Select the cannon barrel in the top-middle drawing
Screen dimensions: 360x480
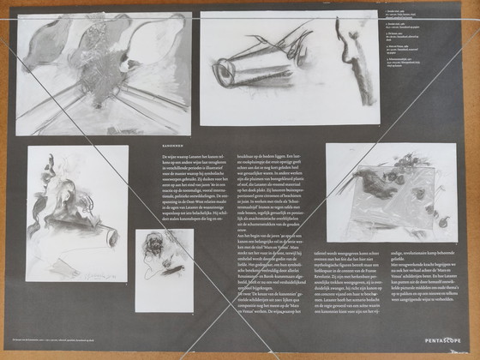click(249, 70)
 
